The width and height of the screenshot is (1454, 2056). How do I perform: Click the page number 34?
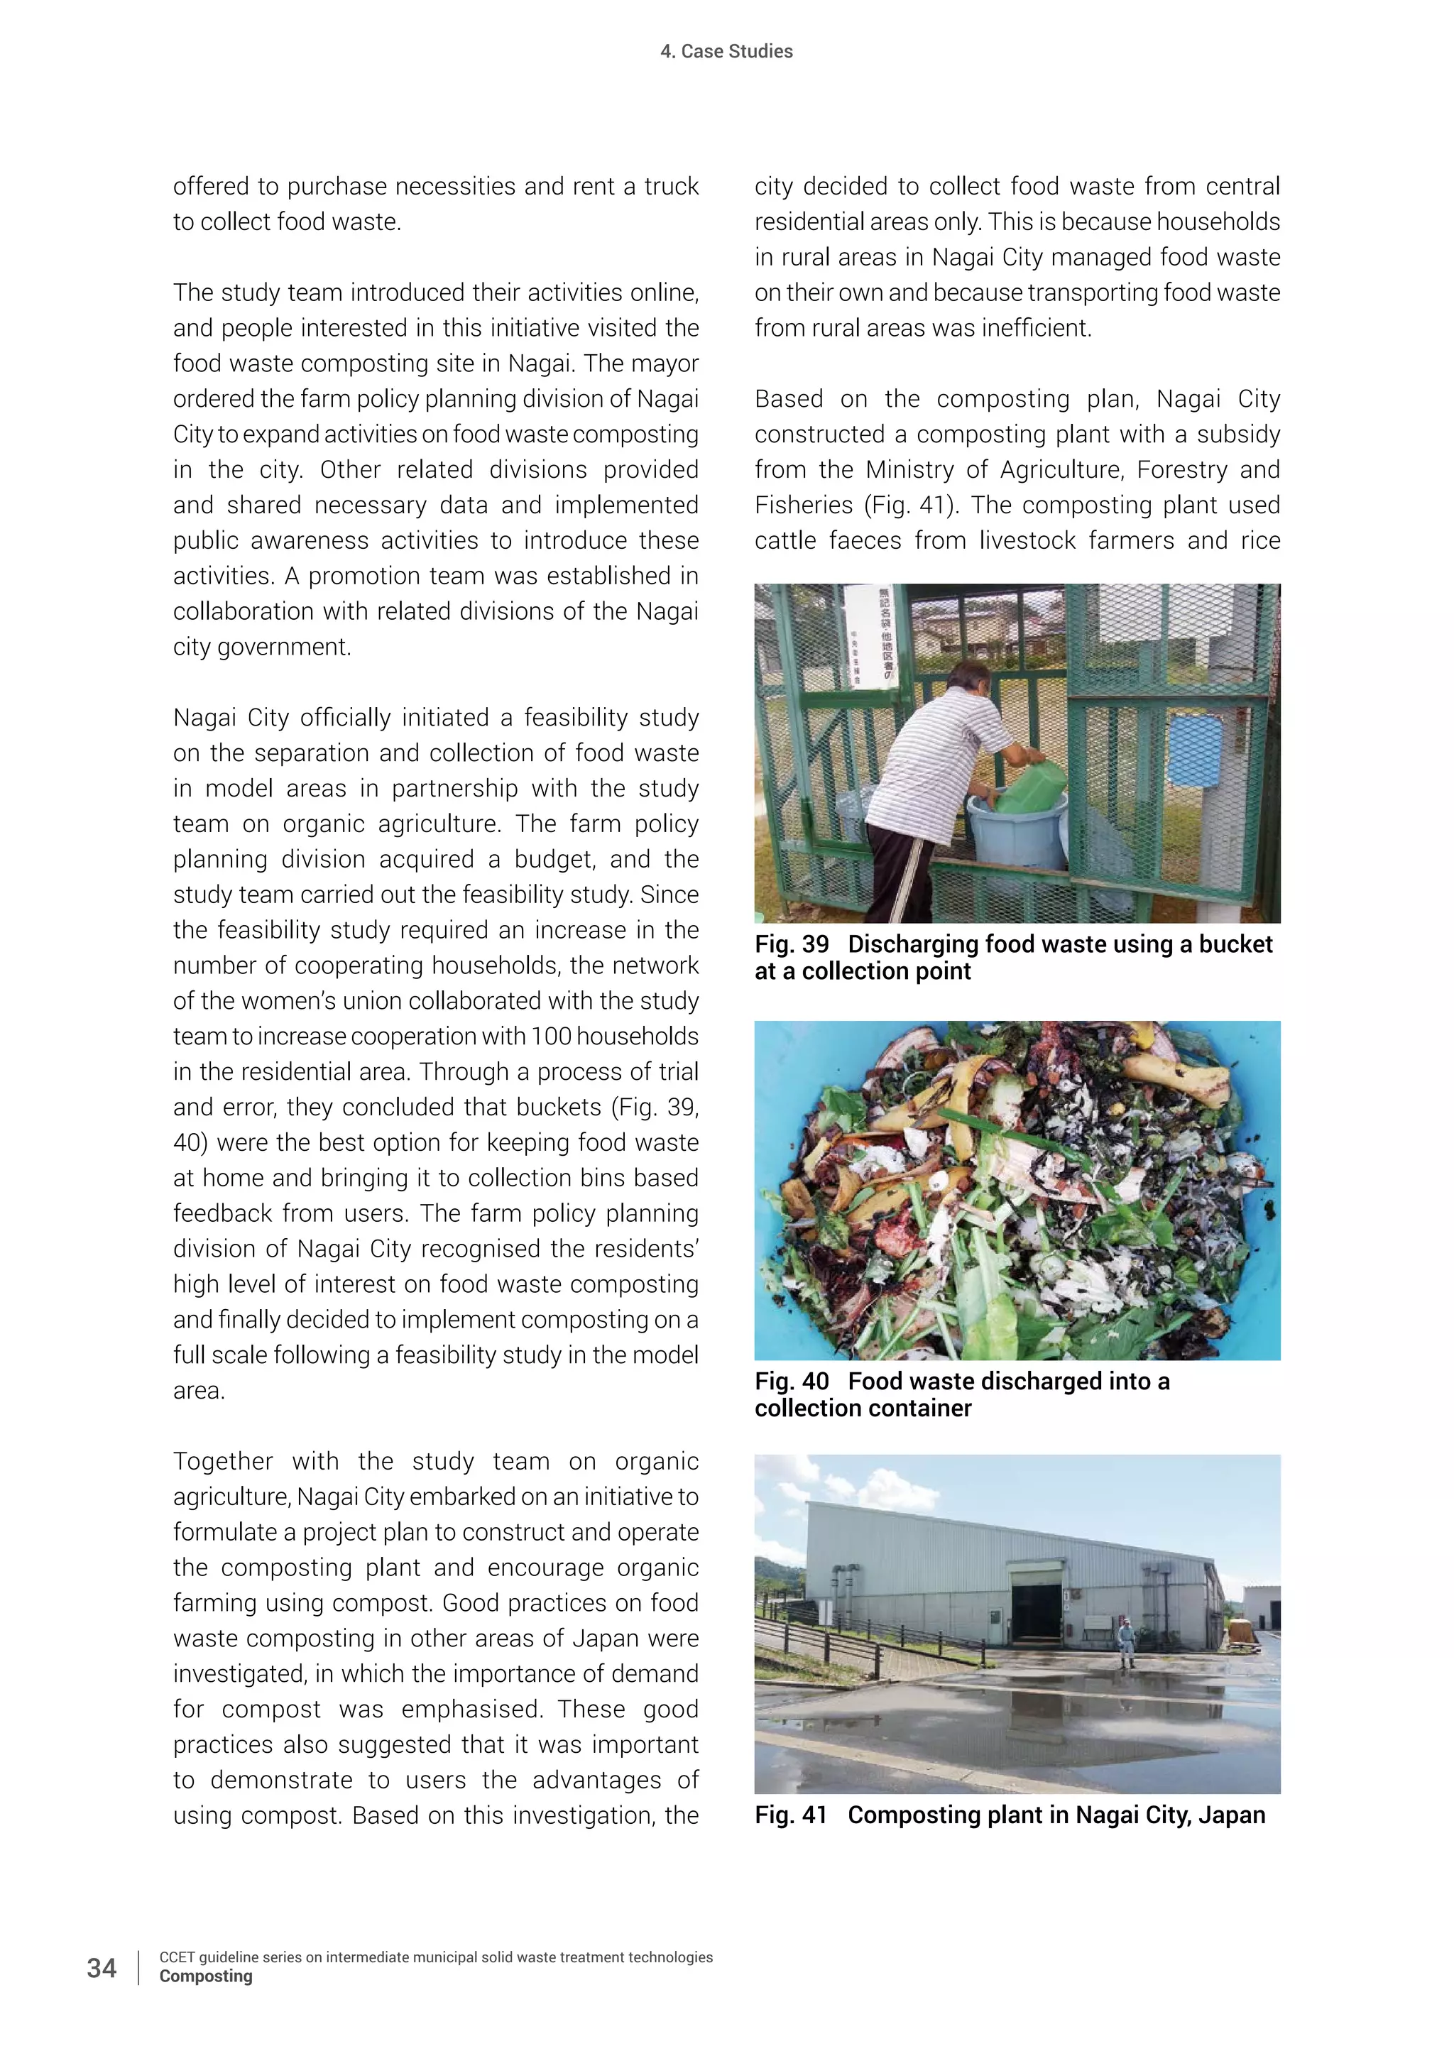(x=102, y=1967)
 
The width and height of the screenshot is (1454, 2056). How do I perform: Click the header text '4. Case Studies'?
(x=726, y=51)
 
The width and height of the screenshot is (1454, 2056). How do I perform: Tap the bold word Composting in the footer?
(x=206, y=1976)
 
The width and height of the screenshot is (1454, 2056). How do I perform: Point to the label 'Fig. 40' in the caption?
(x=792, y=1381)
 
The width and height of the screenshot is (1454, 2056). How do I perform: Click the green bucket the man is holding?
(x=1029, y=788)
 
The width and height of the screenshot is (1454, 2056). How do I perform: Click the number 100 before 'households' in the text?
(x=551, y=1036)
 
